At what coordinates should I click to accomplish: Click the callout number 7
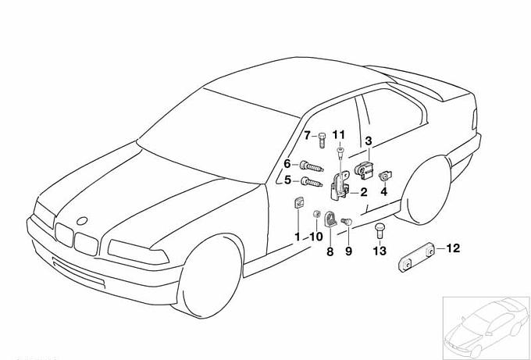point(307,135)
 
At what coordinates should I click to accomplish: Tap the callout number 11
point(339,135)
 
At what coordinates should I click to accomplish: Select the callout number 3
point(369,141)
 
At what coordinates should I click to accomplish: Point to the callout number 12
point(383,191)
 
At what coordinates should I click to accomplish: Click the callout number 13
point(380,251)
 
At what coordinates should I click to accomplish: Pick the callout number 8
point(330,251)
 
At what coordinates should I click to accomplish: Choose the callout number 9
point(349,251)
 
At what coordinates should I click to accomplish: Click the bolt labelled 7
point(322,141)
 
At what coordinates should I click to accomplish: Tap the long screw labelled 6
point(312,166)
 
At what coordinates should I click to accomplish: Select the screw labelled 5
point(312,182)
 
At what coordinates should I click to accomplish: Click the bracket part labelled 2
point(340,185)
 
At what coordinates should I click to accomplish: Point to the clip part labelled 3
point(364,170)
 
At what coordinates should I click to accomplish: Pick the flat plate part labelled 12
point(416,257)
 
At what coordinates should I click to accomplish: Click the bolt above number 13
point(380,230)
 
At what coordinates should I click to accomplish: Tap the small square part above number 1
point(298,202)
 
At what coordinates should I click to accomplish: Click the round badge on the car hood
point(82,221)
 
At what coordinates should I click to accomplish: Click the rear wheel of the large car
point(427,191)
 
